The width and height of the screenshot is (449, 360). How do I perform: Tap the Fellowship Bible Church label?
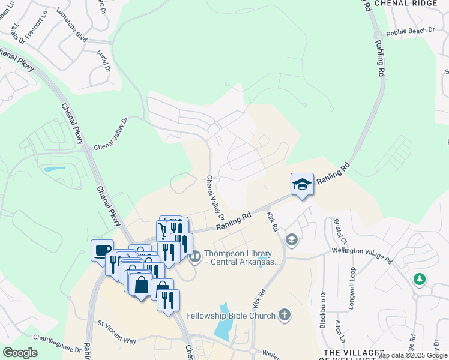point(230,316)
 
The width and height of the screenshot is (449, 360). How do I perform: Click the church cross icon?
point(285,315)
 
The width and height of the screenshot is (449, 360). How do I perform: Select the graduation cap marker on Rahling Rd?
point(302,184)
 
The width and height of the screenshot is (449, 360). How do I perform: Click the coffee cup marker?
point(102,250)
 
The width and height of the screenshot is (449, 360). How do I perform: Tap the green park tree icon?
point(420,280)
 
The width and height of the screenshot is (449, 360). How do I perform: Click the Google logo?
point(20,353)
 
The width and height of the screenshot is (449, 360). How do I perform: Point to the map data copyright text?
point(412,355)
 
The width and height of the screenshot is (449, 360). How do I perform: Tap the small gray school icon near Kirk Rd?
point(292,241)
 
